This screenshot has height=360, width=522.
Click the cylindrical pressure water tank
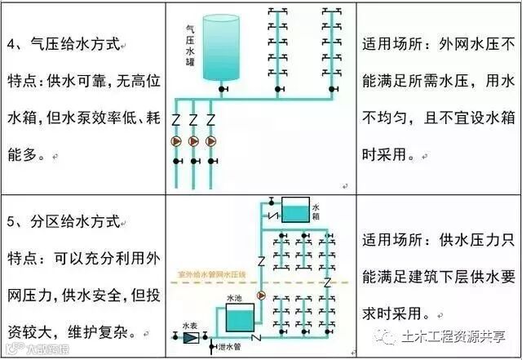point(219,45)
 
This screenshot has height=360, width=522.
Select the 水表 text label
point(190,322)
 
